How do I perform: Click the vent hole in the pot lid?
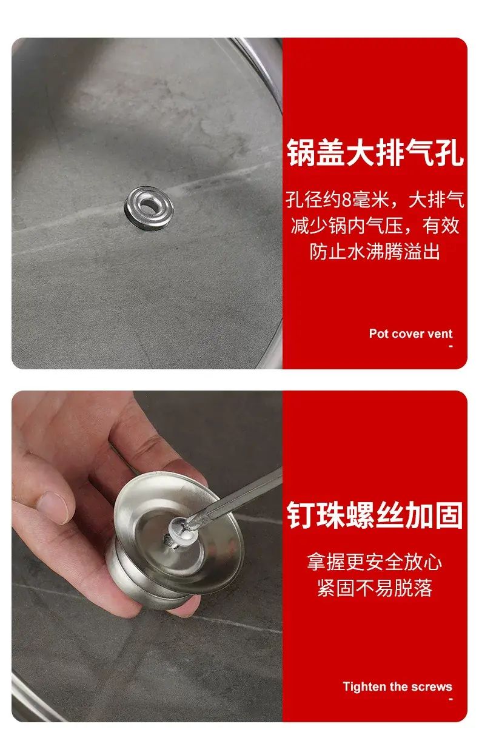click(148, 204)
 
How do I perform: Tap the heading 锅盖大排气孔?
click(375, 153)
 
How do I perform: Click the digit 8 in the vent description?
click(347, 200)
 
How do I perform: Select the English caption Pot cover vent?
click(410, 334)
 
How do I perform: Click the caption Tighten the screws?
click(397, 684)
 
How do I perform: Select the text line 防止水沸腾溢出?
click(375, 252)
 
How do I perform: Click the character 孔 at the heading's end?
click(449, 153)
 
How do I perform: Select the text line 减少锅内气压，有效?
click(375, 226)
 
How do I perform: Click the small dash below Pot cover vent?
click(451, 346)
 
